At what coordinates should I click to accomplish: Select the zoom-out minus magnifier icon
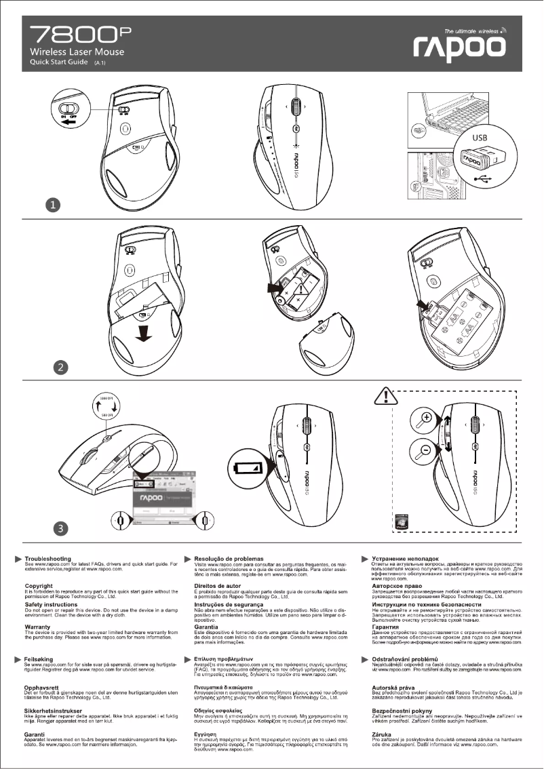pyautogui.click(x=425, y=450)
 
